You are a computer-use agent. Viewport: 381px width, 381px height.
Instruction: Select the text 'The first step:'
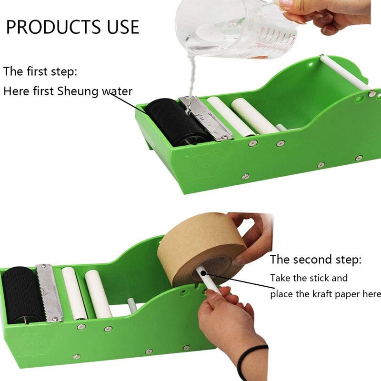[40, 72]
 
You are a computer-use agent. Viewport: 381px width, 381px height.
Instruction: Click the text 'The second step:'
[316, 260]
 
